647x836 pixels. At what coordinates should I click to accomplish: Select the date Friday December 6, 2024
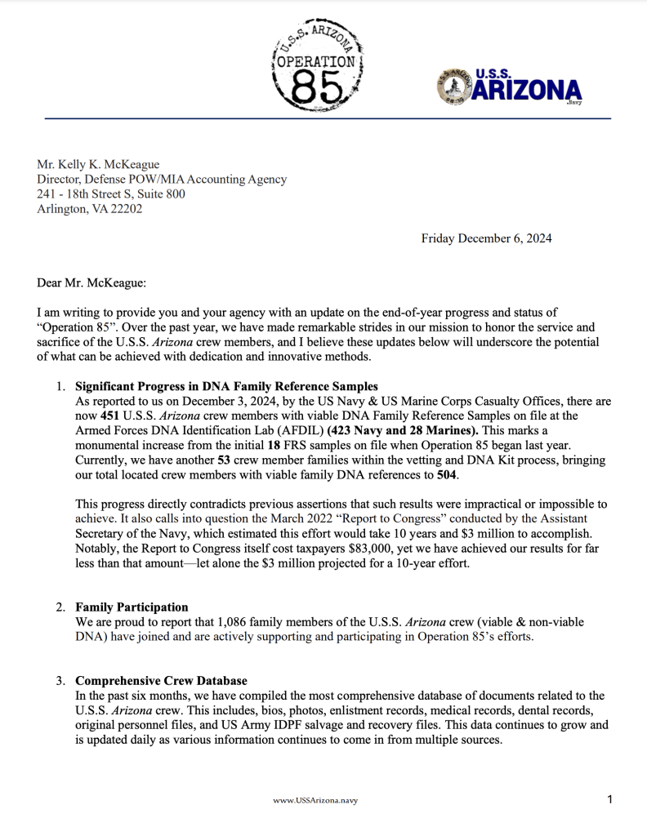(486, 238)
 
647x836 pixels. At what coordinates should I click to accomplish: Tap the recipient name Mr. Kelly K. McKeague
(98, 164)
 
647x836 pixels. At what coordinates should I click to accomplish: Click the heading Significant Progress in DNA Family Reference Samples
(226, 386)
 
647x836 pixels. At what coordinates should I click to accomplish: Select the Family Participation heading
(132, 607)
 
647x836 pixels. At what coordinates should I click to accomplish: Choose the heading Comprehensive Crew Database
(161, 681)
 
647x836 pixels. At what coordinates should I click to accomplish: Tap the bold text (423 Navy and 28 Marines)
(395, 430)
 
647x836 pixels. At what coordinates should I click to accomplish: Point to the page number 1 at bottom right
(610, 800)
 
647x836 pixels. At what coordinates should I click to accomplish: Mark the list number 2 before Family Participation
(60, 607)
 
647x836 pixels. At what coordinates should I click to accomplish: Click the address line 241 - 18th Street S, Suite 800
(111, 193)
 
